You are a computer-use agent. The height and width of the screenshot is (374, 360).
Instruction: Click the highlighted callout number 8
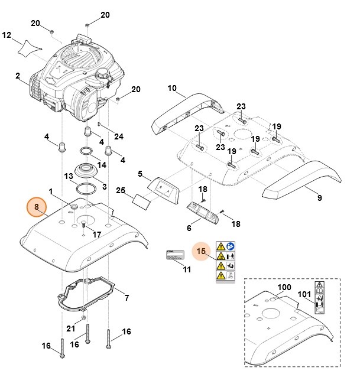pos(37,207)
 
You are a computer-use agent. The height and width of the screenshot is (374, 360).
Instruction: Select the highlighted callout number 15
pos(202,251)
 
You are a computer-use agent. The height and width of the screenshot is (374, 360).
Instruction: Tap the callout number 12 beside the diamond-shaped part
pos(7,35)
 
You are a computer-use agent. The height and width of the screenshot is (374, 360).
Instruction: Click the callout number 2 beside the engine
pos(18,76)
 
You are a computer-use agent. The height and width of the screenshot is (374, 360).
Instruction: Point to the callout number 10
pos(172,89)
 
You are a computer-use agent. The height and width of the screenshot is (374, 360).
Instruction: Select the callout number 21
pos(70,329)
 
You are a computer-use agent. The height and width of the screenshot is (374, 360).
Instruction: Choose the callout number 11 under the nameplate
pos(187,270)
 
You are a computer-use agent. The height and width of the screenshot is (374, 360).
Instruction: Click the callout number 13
pos(69,176)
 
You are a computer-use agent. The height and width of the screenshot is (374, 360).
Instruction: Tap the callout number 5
pos(140,174)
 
